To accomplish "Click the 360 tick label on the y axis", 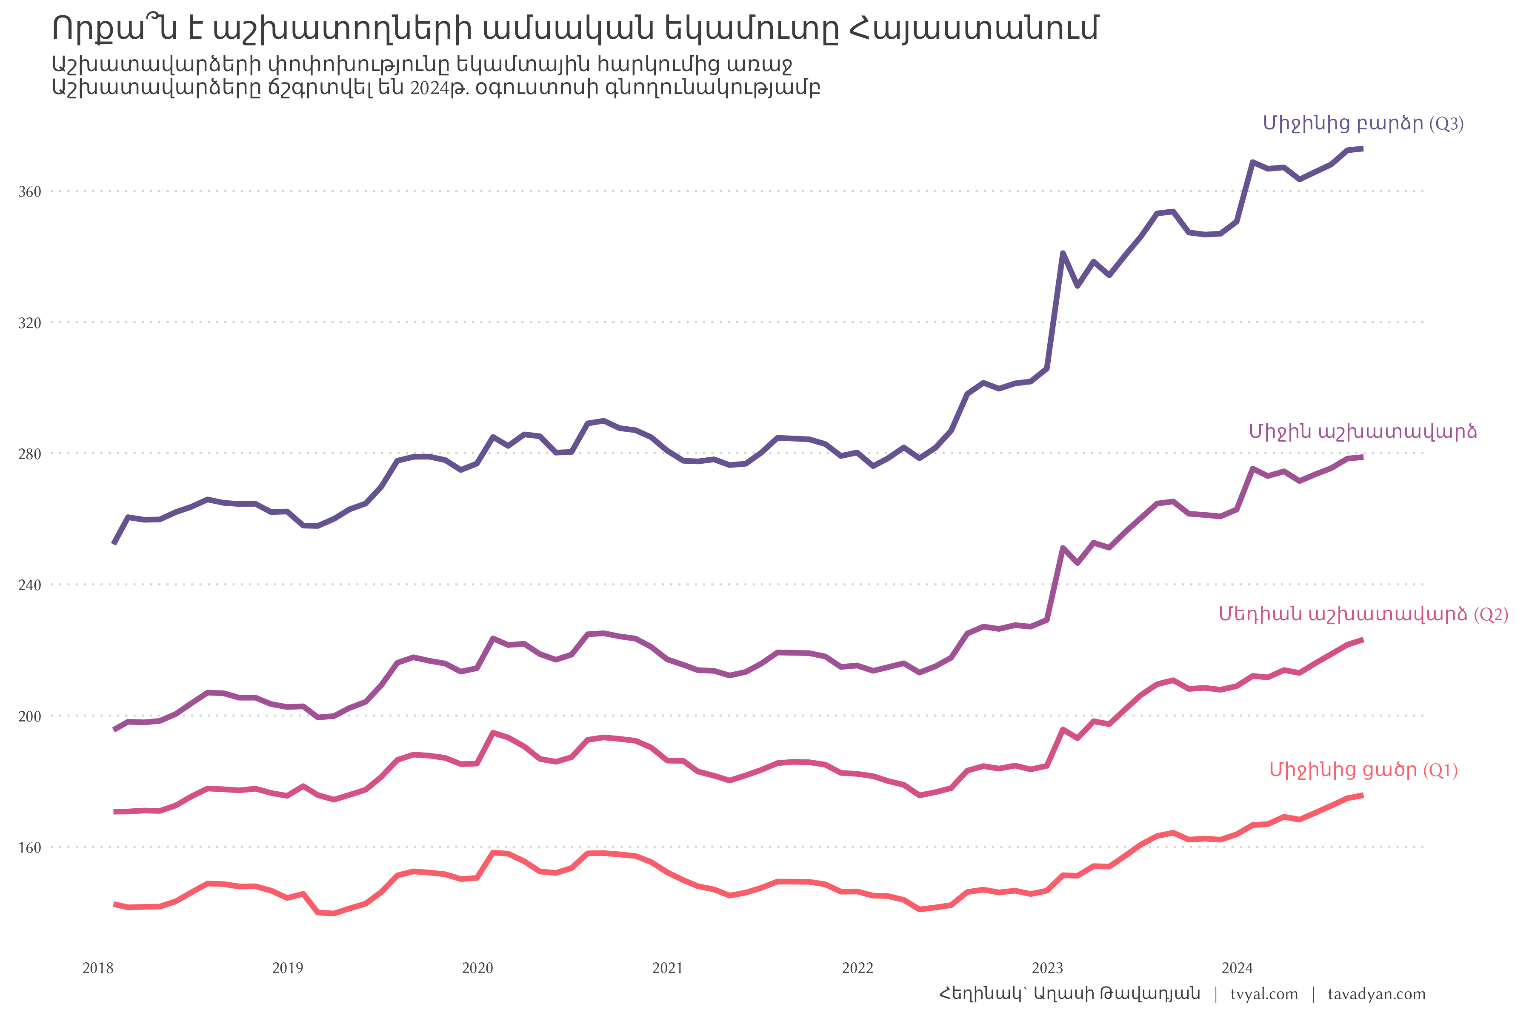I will coord(29,192).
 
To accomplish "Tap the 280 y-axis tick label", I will coord(29,454).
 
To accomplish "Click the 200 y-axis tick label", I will coord(29,716).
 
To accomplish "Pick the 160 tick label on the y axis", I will coord(29,848).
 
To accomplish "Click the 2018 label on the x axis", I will coord(98,968).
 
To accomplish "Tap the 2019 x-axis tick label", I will coord(288,968).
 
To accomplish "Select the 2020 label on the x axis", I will coord(477,968).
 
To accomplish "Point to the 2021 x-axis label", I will coord(668,968).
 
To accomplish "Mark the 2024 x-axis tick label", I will coord(1237,968).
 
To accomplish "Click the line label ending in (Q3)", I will coord(1363,124).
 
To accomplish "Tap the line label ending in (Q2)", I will coord(1363,615).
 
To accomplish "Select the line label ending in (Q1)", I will coord(1363,770).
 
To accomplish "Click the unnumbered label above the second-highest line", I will coord(1363,432).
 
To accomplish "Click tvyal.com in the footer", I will coord(1264,994).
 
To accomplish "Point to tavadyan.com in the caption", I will coord(1376,994).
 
